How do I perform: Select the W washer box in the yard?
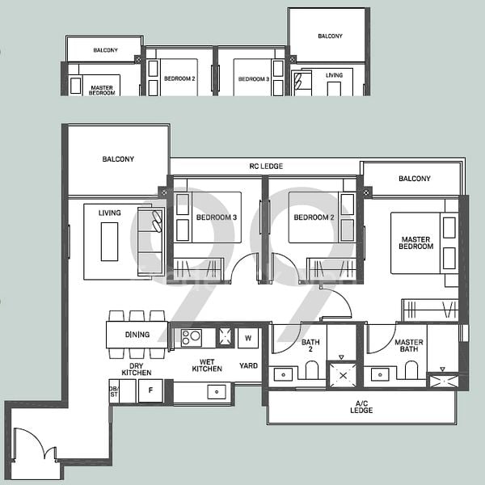click(247, 338)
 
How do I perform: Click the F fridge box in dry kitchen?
click(150, 391)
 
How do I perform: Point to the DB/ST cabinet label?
click(113, 391)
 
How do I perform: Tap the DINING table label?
click(137, 335)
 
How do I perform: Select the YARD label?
click(248, 366)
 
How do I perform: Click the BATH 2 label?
click(310, 345)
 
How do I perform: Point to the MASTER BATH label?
click(409, 346)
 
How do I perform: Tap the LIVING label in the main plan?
click(109, 213)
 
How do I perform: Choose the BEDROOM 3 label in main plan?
click(217, 218)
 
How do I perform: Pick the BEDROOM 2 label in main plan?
click(314, 218)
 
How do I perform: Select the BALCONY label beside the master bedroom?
click(414, 179)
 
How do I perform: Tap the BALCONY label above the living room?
click(118, 159)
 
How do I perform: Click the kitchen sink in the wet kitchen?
click(216, 392)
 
